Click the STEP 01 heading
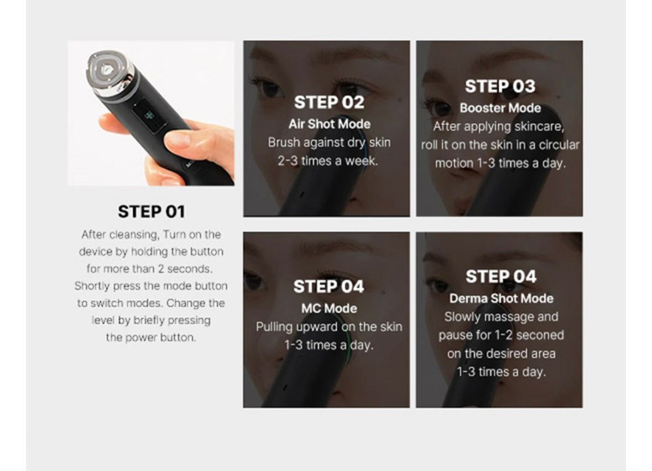(x=152, y=212)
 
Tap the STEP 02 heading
(x=329, y=103)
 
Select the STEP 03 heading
(x=500, y=87)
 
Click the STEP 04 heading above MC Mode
(x=328, y=287)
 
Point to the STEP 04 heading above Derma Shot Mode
(x=500, y=277)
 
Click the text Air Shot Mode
(x=329, y=124)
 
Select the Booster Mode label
(x=500, y=108)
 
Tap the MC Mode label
(x=329, y=308)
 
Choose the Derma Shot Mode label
(x=501, y=299)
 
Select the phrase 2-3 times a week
(x=328, y=161)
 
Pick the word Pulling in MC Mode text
(x=274, y=327)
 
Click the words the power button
(x=150, y=337)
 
